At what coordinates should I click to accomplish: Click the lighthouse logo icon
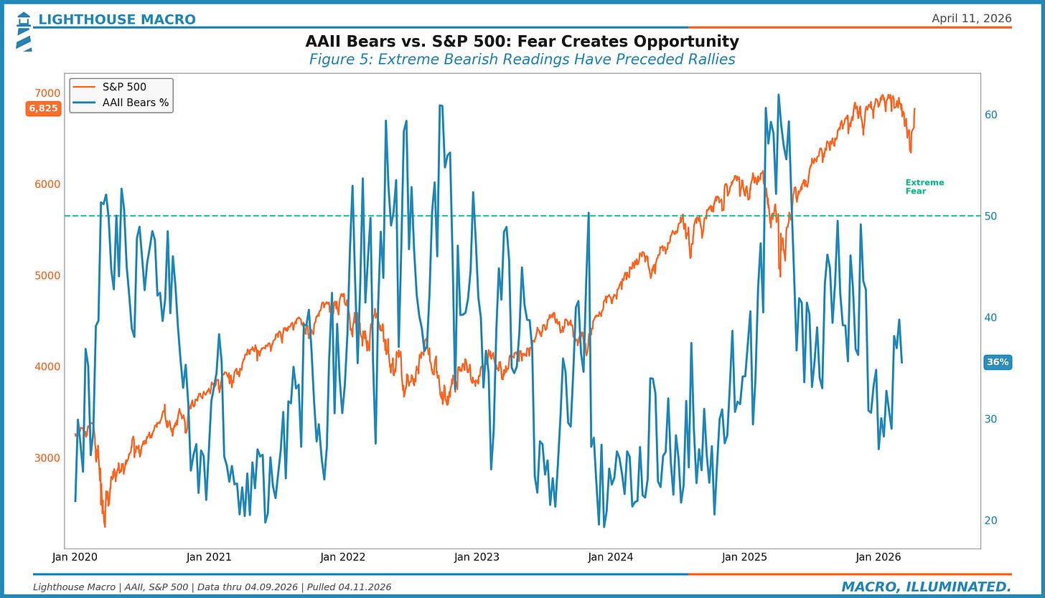(x=23, y=32)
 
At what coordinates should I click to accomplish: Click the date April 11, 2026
(x=971, y=19)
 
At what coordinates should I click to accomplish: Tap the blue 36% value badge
(x=998, y=362)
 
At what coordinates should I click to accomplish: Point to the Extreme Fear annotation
(x=924, y=186)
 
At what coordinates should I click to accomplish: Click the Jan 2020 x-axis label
(x=75, y=557)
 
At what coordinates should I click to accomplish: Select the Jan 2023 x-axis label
(x=477, y=557)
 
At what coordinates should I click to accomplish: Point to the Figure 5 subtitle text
(x=522, y=60)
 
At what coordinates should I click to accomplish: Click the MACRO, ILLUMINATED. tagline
(x=926, y=587)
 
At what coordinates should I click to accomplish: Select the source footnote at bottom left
(x=212, y=587)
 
